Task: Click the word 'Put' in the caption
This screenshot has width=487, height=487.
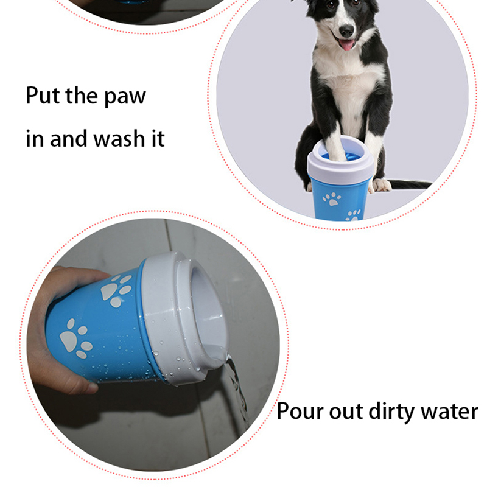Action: [x=43, y=96]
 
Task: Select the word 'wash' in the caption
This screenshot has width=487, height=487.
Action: [x=119, y=138]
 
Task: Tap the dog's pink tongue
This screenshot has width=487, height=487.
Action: [x=346, y=44]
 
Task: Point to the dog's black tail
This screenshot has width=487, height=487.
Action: [x=409, y=184]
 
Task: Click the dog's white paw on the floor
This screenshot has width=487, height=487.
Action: [x=381, y=185]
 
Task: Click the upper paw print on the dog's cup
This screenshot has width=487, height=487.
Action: [x=332, y=199]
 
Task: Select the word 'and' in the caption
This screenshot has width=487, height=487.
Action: [x=68, y=138]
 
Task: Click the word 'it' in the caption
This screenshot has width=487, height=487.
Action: [x=158, y=138]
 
